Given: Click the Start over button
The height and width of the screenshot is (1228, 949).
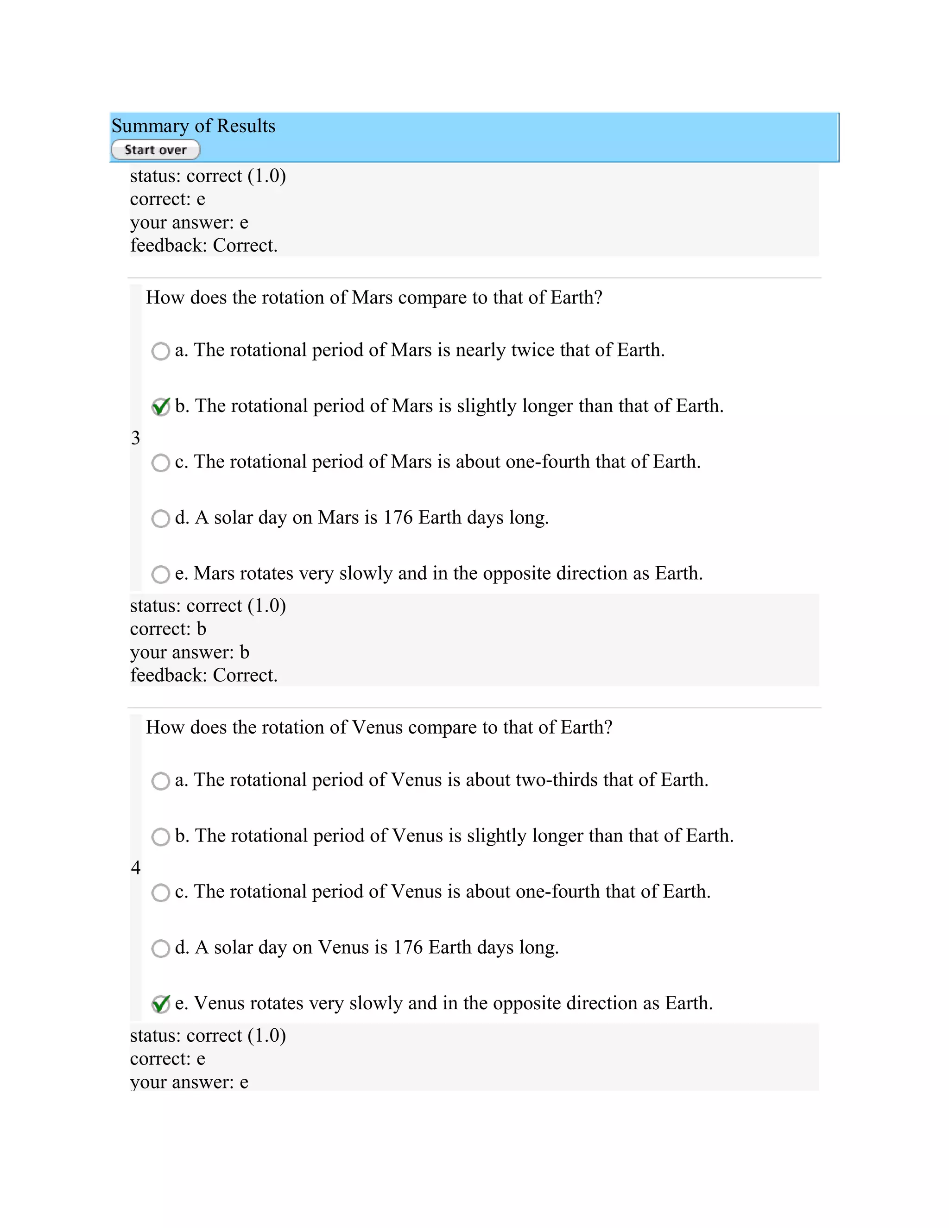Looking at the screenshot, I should click(x=156, y=150).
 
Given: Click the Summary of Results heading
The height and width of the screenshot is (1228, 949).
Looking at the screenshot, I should click(x=193, y=126).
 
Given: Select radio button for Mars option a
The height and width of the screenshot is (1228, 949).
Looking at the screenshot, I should click(x=161, y=351).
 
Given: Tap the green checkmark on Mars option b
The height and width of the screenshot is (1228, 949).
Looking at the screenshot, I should click(x=161, y=406).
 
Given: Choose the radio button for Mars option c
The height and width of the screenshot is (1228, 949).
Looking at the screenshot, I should click(x=161, y=463).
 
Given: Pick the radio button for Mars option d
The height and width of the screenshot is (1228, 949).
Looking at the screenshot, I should click(x=161, y=519).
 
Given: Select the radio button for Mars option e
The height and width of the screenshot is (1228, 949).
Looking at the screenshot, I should click(x=161, y=574).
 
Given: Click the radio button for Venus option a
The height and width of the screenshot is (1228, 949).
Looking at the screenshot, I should click(x=161, y=781).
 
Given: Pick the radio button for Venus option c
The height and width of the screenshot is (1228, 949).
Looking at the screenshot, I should click(x=161, y=893).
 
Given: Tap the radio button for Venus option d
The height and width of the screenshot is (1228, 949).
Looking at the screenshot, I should click(x=161, y=949).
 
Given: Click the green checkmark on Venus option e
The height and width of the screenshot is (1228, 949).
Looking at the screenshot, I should click(x=161, y=1004).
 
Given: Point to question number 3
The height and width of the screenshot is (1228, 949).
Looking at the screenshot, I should click(x=135, y=438).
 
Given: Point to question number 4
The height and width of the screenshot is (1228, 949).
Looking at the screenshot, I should click(x=135, y=867).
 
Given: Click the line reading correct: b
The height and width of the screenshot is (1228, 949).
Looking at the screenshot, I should click(x=168, y=629).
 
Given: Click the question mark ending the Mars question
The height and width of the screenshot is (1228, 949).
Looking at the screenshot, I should click(x=598, y=298).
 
